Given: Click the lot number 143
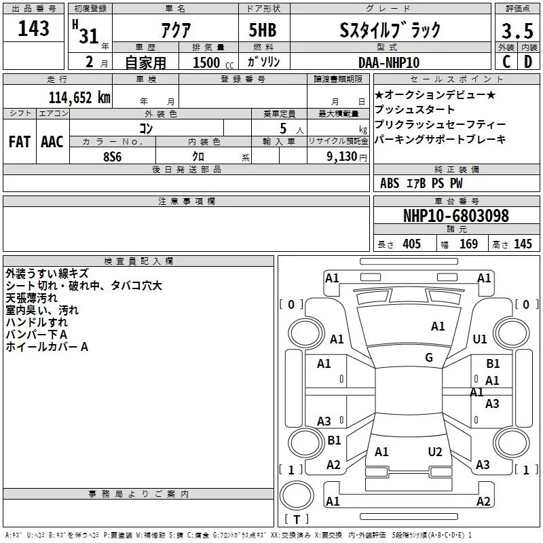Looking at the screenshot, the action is click(x=34, y=29).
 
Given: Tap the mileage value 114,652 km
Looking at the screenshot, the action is click(x=79, y=97).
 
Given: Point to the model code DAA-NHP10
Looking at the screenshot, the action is click(x=389, y=62).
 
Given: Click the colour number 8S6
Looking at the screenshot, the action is click(x=112, y=155).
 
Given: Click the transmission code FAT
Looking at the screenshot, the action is click(x=19, y=142).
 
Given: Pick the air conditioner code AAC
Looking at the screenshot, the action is click(x=52, y=142).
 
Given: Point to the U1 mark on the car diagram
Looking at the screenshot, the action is click(x=480, y=339).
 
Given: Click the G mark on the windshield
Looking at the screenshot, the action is click(x=429, y=358).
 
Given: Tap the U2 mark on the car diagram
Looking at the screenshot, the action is click(x=435, y=451).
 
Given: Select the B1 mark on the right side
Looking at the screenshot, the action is click(x=493, y=364).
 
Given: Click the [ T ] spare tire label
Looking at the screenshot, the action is click(x=296, y=520).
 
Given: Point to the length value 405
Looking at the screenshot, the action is click(x=411, y=244).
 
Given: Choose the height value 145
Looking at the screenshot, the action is click(x=523, y=244).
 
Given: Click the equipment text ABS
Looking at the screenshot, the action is click(x=390, y=183).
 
